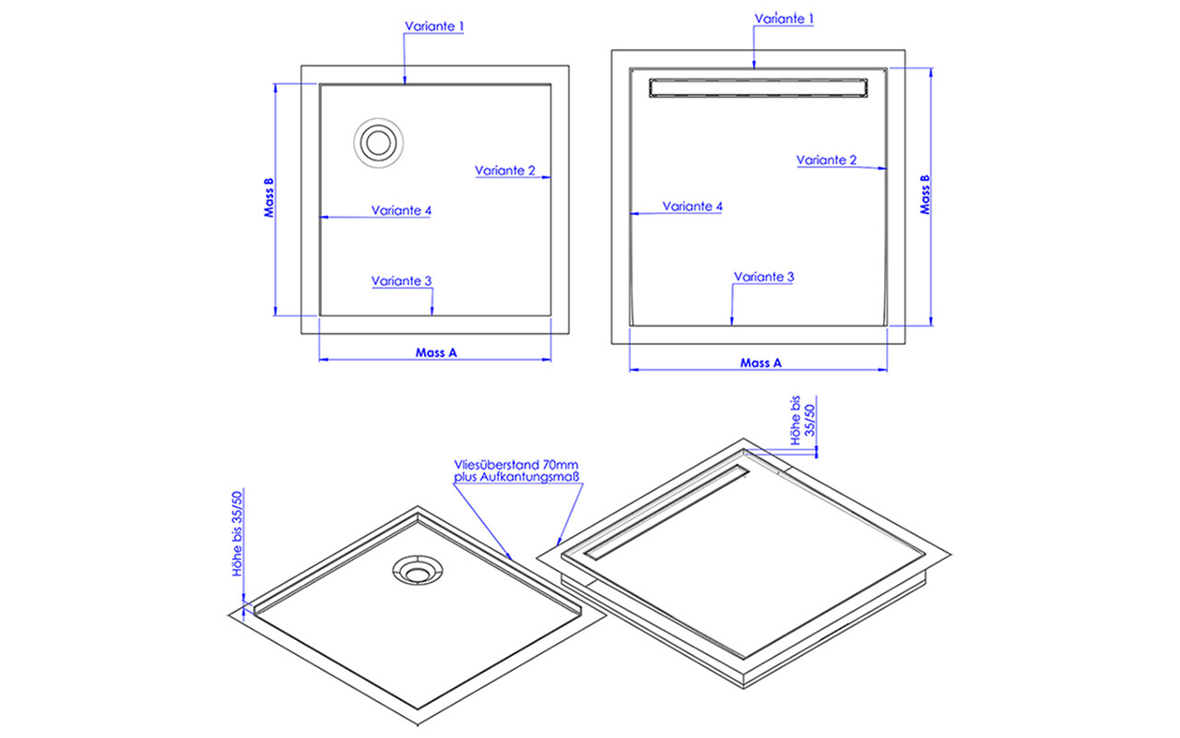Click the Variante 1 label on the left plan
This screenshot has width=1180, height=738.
[434, 26]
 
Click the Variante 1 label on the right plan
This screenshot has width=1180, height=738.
[784, 18]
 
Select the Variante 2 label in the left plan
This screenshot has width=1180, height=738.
[504, 171]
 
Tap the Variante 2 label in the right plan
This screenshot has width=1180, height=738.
[826, 160]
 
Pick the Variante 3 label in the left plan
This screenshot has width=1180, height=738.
[401, 281]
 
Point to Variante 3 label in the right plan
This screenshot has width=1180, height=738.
[764, 277]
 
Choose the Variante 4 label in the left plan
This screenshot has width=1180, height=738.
[401, 210]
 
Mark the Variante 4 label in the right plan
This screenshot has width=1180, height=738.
[692, 206]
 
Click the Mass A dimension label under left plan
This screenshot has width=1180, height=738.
[436, 352]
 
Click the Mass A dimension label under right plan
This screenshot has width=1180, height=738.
[761, 363]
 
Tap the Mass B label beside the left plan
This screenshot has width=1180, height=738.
[269, 197]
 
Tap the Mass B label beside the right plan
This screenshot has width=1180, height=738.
[925, 195]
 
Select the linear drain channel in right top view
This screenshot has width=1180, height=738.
[759, 88]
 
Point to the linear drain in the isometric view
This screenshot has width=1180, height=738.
[667, 512]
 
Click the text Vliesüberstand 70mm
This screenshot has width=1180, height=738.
[515, 465]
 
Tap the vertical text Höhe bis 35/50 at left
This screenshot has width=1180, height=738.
[238, 533]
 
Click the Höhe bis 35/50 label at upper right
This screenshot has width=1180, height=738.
[803, 420]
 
